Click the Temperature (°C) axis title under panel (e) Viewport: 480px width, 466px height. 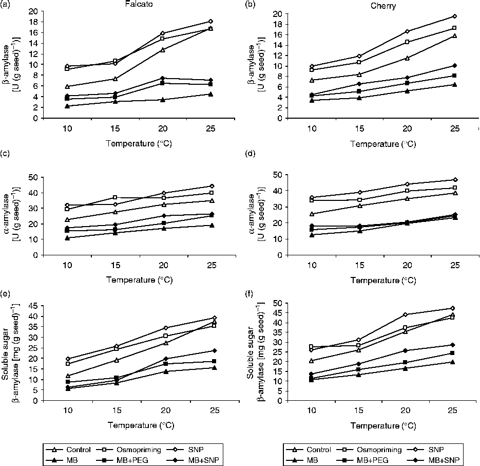coord(139,425)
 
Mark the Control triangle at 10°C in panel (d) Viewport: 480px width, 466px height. coord(311,214)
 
